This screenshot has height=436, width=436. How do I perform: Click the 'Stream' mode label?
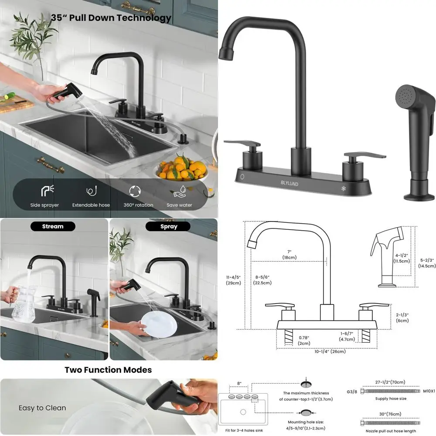click(x=53, y=226)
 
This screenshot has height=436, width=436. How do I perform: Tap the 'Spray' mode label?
click(x=168, y=226)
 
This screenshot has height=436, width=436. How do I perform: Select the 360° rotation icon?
click(x=135, y=191)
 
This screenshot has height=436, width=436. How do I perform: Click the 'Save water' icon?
click(x=179, y=191)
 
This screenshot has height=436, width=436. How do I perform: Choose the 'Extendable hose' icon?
click(x=91, y=191)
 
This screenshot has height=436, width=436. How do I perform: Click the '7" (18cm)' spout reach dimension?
click(x=289, y=255)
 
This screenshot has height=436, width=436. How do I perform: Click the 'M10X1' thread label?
click(x=429, y=392)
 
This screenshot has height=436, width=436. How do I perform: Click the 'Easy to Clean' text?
click(x=42, y=408)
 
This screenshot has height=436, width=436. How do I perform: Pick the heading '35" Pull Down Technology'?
click(x=111, y=18)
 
